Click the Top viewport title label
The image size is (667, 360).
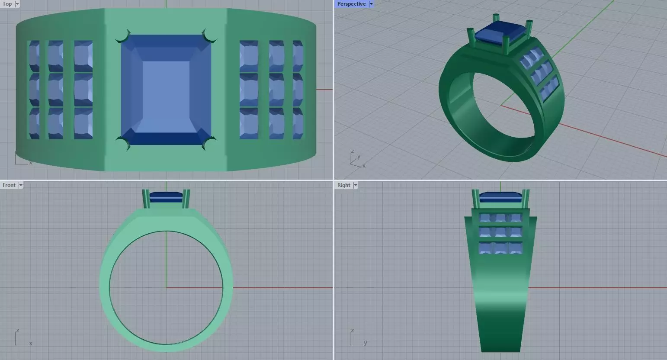coord(7,4)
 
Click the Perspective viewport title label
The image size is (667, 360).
coord(351,4)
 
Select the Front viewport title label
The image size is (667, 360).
coord(9,185)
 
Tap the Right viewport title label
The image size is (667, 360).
coord(343,185)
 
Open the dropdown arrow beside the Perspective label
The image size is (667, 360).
coord(371,4)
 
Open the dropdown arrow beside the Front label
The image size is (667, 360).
coord(21,185)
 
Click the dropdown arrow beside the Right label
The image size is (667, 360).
coord(356,185)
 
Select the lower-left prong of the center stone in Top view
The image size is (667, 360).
coord(123,143)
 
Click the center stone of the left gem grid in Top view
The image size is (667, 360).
coord(56,90)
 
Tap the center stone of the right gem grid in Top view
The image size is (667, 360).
coord(276,90)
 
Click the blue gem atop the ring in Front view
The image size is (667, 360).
coord(166,197)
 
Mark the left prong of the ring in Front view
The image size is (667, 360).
coord(145,199)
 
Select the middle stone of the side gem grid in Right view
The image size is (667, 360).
coord(500,232)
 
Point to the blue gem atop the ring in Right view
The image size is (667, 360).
coord(500,197)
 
